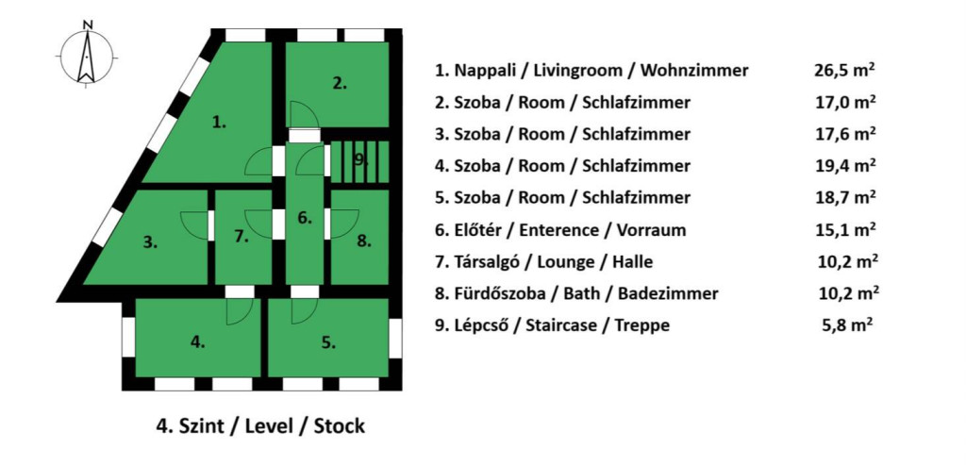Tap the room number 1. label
[219, 121]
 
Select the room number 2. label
[340, 83]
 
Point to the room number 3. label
[150, 242]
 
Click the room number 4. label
[197, 342]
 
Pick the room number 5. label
[327, 342]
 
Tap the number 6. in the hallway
[304, 218]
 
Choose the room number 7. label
[241, 237]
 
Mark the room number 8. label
[364, 241]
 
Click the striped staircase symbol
[358, 158]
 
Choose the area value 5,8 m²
[846, 325]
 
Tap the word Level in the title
[270, 426]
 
